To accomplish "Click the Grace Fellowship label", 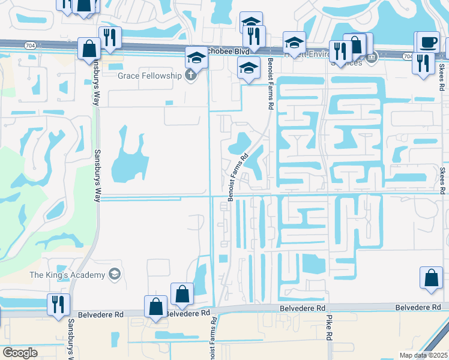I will tap(149, 76).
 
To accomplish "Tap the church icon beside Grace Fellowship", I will tap(191, 76).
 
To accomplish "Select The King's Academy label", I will tap(67, 275).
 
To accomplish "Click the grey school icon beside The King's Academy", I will tap(114, 275).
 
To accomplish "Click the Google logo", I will tap(20, 353).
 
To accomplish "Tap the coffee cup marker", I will tap(428, 42).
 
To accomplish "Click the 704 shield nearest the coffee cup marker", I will tap(408, 56).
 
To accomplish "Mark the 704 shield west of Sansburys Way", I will tap(30, 45).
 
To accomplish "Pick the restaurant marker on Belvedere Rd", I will tap(59, 304).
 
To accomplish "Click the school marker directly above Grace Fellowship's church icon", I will tap(196, 57).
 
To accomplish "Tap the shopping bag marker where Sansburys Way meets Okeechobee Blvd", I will tap(89, 49).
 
